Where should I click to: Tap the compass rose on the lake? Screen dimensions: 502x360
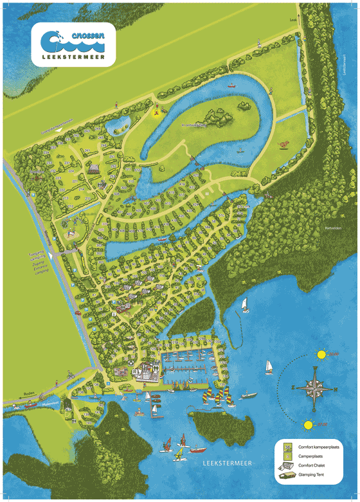point(314,388)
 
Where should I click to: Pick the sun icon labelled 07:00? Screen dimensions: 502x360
point(308,425)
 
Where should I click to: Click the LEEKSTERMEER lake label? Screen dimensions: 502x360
point(224,462)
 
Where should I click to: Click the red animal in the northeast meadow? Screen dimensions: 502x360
point(283,145)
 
